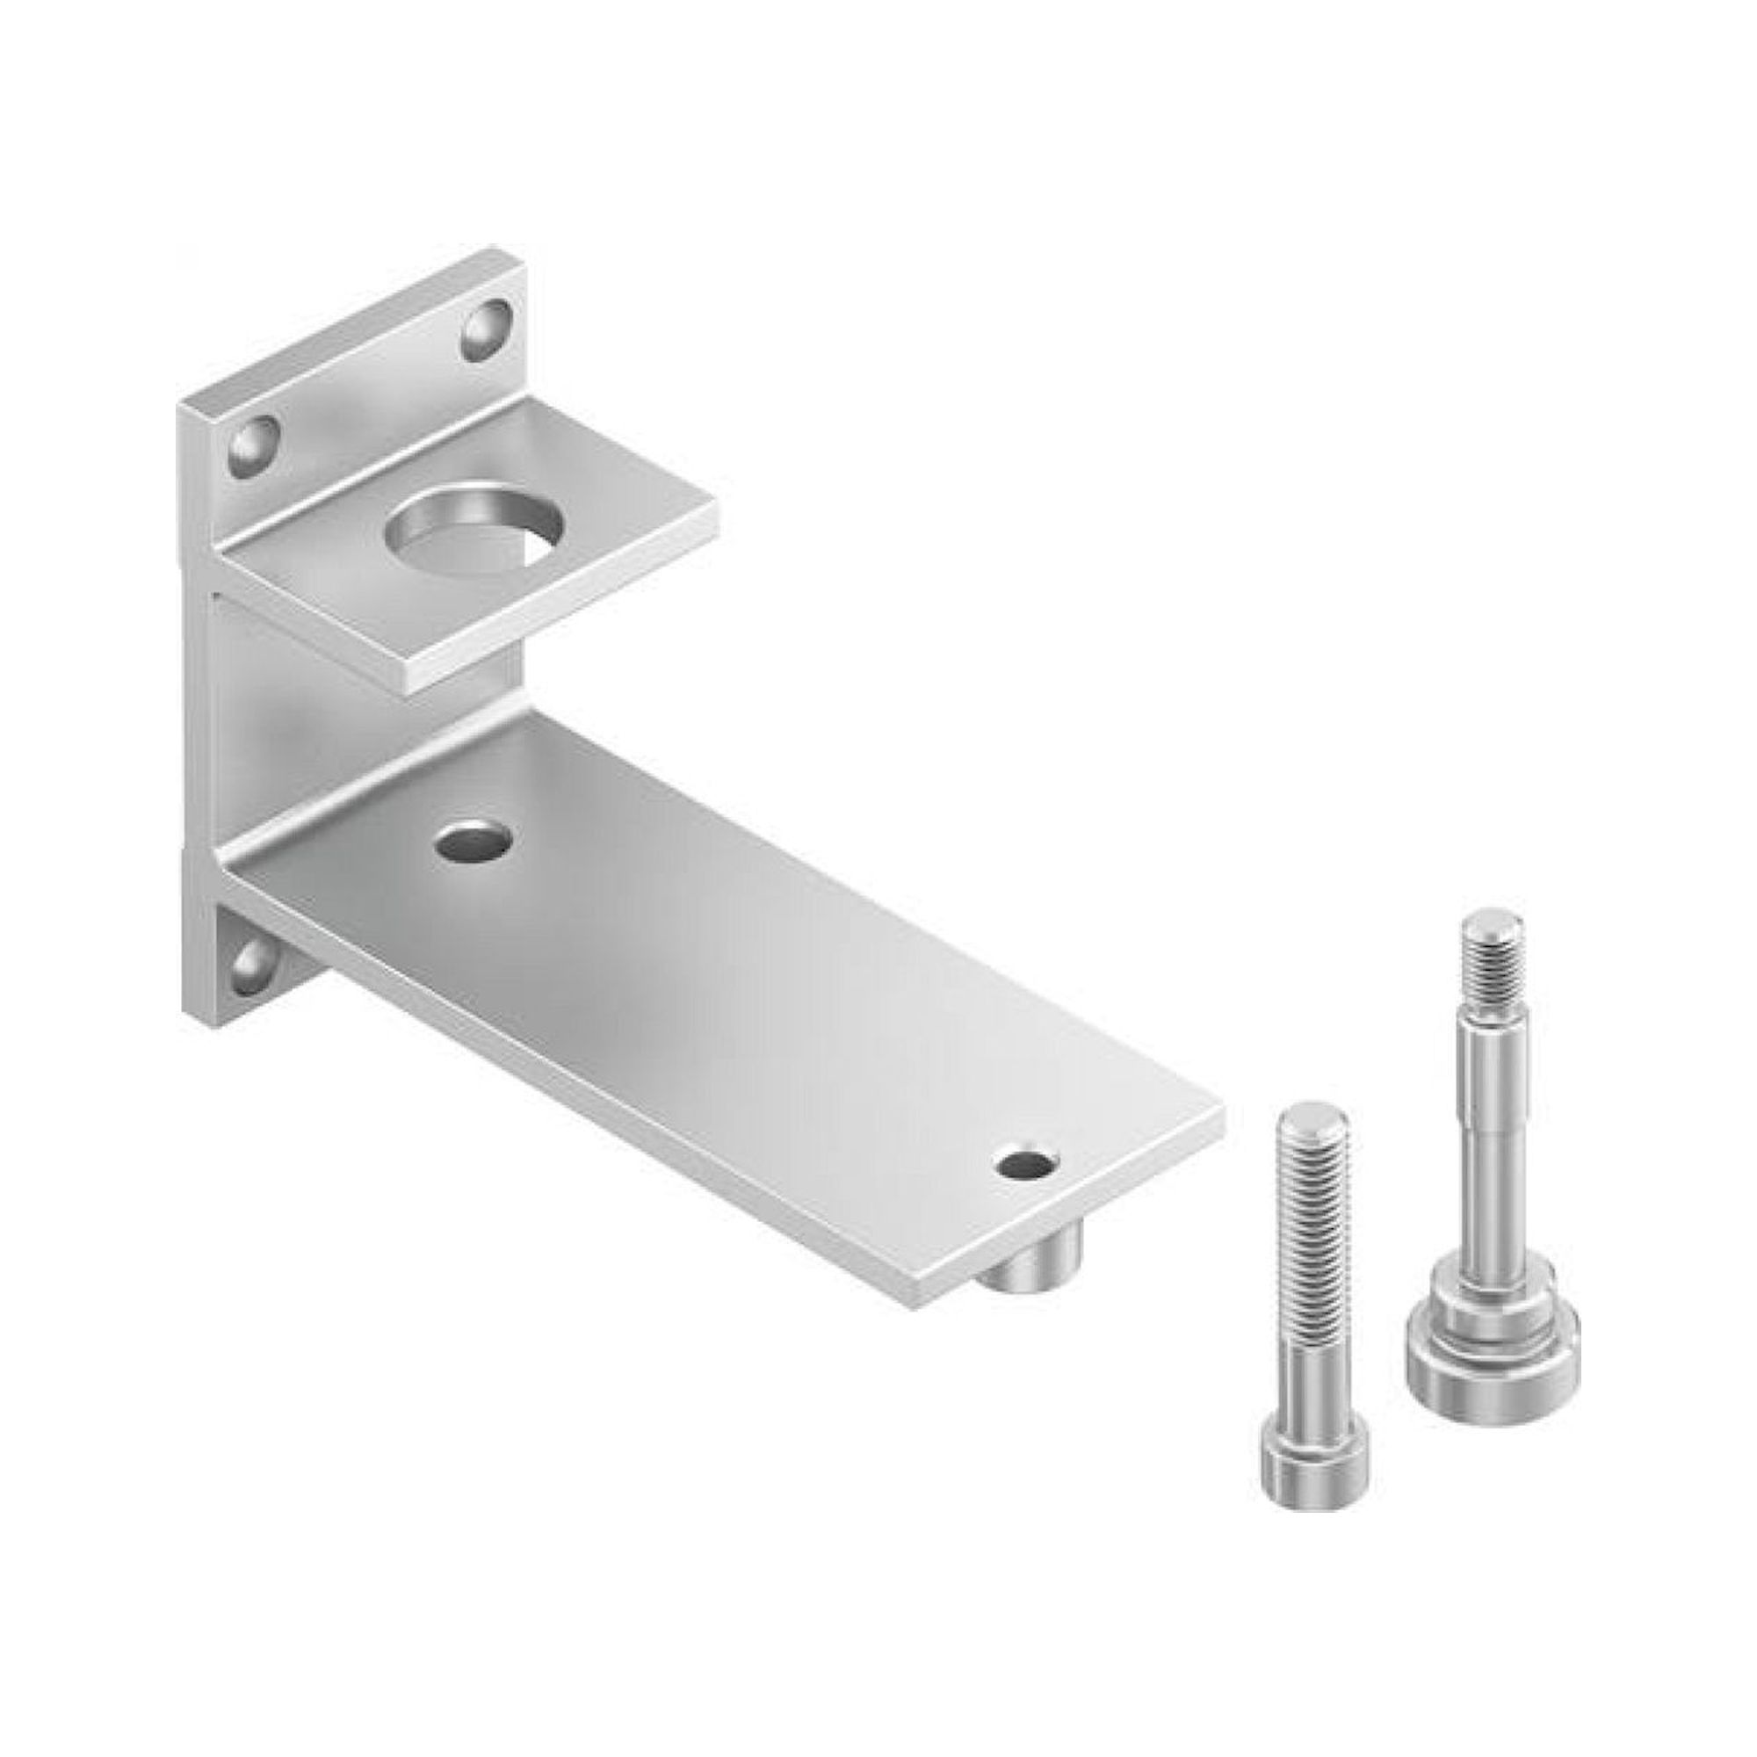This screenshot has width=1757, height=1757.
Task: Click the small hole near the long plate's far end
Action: [1028, 1163]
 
